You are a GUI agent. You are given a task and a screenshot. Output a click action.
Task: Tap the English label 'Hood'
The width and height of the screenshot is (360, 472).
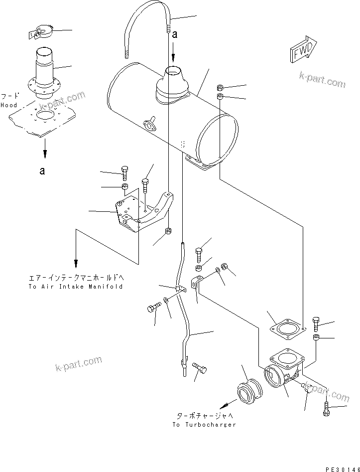[8, 105]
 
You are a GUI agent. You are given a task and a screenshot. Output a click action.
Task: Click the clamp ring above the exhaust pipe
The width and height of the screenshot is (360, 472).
[41, 33]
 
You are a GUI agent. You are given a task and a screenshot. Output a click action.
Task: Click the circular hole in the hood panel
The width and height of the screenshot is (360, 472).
[46, 115]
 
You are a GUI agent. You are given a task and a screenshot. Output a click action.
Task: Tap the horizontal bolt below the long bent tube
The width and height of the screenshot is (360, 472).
[201, 368]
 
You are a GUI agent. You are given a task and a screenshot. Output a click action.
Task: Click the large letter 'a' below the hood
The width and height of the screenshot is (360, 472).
[43, 171]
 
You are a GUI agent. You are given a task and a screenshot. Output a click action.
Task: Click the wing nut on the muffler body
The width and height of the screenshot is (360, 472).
[148, 125]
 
